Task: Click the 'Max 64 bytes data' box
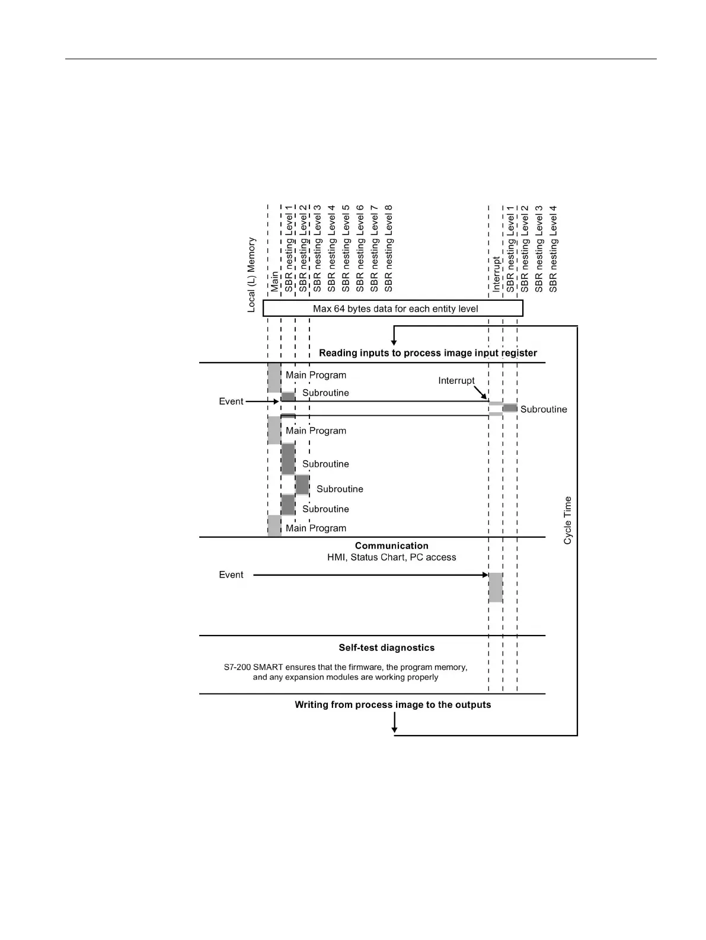393,309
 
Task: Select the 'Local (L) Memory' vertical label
252,275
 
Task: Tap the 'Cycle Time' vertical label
568,520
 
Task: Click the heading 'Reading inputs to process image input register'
427,353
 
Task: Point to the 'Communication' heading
391,546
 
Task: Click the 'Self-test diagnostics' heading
386,647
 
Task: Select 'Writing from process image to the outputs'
392,704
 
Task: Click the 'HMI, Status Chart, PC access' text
391,557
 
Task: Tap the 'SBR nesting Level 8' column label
389,249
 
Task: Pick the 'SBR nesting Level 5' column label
346,249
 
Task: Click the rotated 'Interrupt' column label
496,274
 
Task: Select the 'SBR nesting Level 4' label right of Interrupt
553,249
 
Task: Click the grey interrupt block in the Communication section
496,587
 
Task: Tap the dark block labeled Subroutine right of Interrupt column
510,408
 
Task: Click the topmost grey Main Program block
274,377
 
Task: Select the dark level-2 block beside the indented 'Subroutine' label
302,485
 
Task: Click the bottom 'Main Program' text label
315,528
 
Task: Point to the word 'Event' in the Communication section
231,575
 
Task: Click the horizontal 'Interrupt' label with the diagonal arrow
456,380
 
